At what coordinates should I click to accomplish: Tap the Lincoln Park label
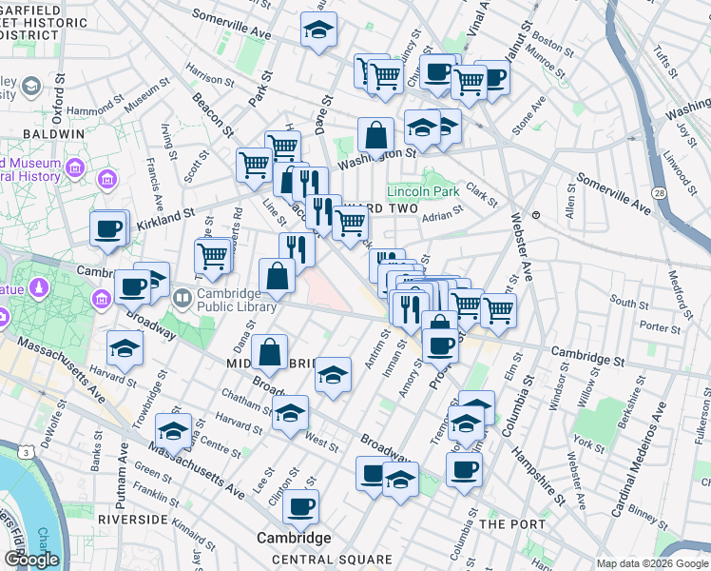(x=423, y=191)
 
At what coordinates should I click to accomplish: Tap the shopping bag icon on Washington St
(x=375, y=135)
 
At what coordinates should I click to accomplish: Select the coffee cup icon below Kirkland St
(x=108, y=228)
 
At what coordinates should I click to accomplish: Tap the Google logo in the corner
(x=31, y=560)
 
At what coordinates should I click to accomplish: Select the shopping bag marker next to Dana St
(x=270, y=350)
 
